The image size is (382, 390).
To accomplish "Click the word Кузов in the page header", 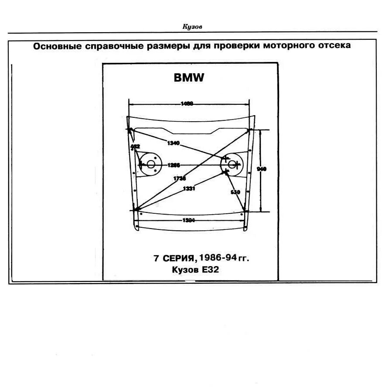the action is pyautogui.click(x=192, y=27).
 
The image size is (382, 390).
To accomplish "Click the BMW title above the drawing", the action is pyautogui.click(x=189, y=78).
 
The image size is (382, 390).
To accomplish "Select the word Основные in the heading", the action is pyautogui.click(x=55, y=46).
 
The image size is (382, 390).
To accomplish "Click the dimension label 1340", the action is pyautogui.click(x=173, y=143).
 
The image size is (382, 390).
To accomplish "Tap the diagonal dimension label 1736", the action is pyautogui.click(x=179, y=178).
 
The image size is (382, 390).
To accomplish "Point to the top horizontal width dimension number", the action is pyautogui.click(x=187, y=104).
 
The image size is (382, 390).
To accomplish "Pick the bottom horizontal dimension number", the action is pyautogui.click(x=189, y=220).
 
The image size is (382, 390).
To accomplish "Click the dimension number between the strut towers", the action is pyautogui.click(x=174, y=165).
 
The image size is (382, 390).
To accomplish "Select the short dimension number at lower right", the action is pyautogui.click(x=235, y=192).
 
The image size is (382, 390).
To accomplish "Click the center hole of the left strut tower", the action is pyautogui.click(x=151, y=164).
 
